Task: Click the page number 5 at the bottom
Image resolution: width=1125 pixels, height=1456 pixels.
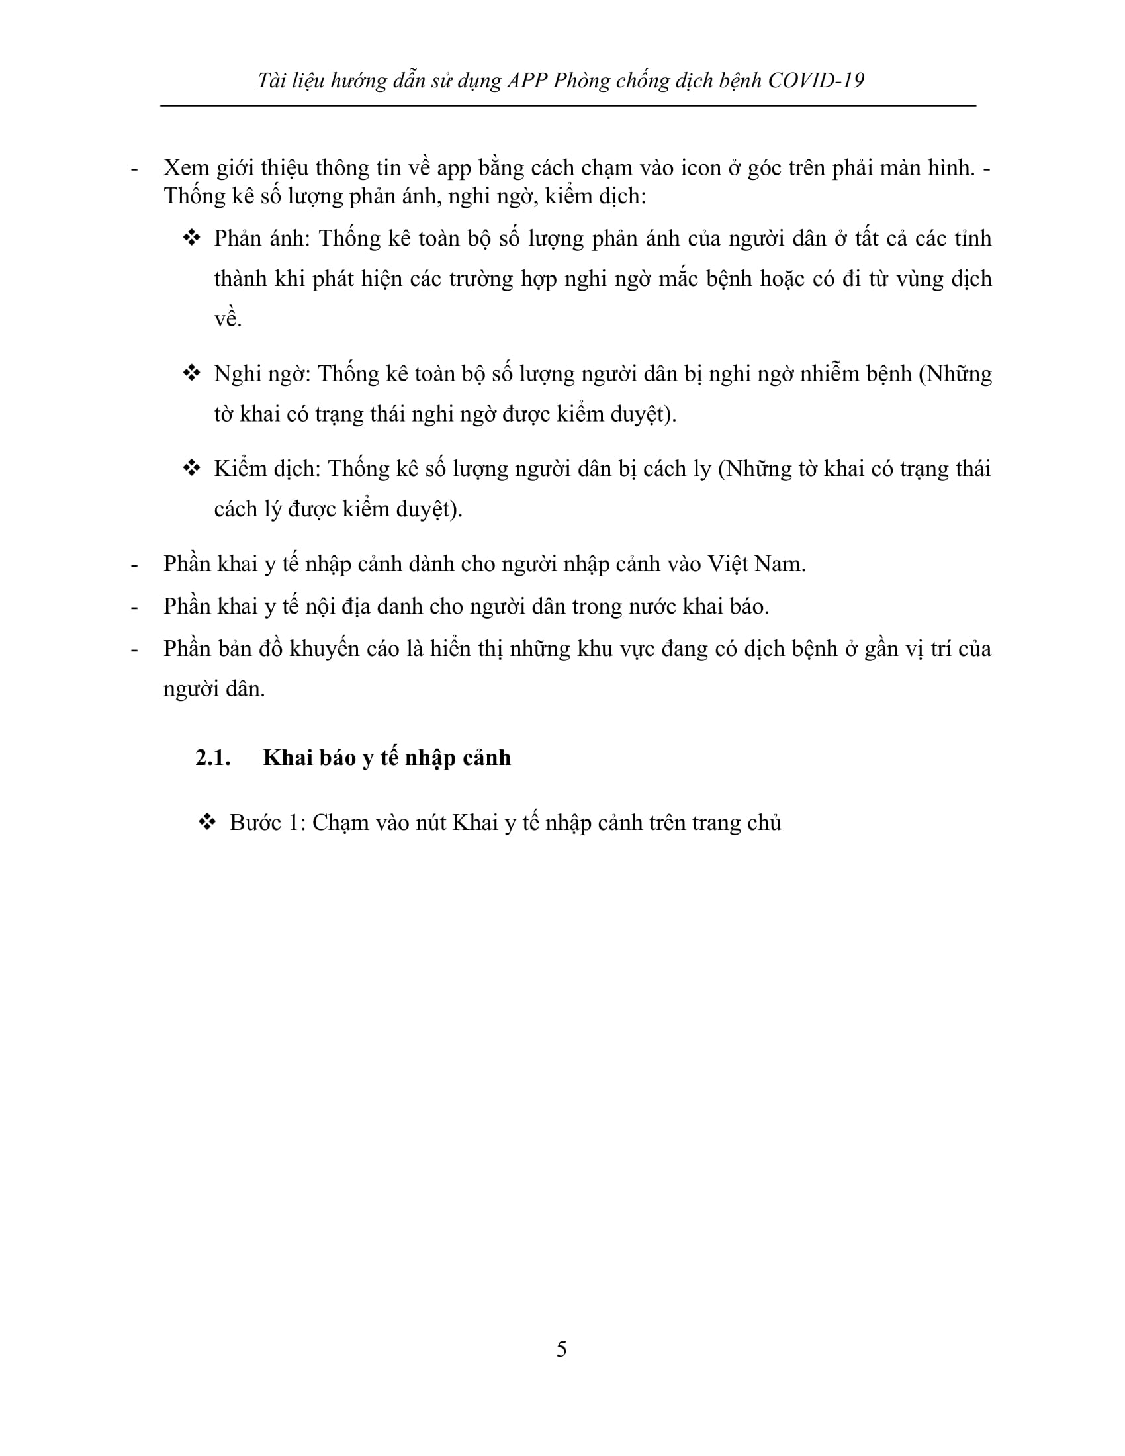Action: (561, 1349)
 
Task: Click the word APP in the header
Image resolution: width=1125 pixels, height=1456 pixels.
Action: (527, 81)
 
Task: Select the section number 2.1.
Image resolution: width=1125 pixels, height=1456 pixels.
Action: (212, 758)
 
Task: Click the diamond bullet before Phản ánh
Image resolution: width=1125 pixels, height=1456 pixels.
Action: (192, 238)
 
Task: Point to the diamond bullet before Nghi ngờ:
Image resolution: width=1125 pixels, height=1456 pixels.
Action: (192, 373)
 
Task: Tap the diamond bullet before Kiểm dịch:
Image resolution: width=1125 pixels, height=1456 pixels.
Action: (192, 469)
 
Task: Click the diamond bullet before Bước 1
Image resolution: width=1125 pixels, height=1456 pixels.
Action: (208, 823)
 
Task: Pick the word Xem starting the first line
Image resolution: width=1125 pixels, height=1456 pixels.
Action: (187, 167)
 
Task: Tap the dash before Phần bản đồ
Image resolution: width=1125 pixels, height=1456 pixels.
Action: (134, 649)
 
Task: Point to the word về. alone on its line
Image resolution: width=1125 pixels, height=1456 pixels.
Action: (228, 319)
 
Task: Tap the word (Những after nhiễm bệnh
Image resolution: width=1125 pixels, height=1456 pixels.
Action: (955, 373)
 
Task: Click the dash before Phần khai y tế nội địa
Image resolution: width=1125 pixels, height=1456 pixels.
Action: (134, 607)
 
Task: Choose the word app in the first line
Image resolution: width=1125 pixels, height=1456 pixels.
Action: (454, 169)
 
